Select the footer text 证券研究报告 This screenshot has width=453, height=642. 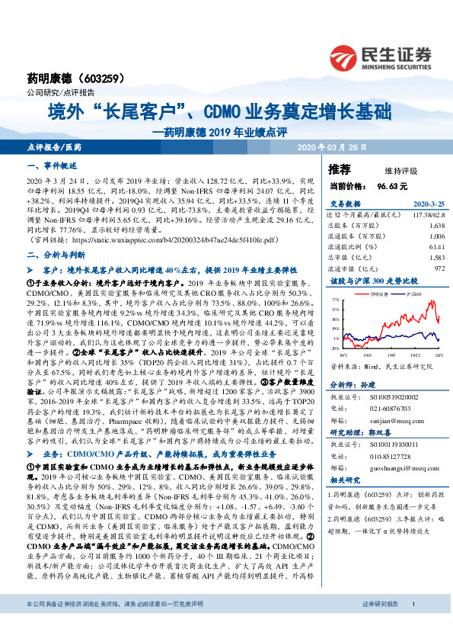tap(378, 625)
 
